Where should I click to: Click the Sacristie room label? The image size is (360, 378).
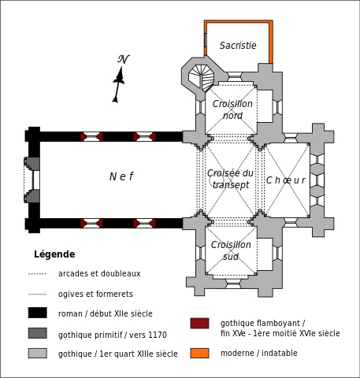point(238,46)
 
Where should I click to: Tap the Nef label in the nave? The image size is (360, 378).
point(121,176)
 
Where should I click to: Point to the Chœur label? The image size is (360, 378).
point(286,180)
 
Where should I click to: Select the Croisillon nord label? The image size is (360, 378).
point(232,109)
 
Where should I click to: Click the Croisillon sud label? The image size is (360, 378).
point(231,250)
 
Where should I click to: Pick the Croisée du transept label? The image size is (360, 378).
point(230,179)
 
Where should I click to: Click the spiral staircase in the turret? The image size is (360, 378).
point(202,78)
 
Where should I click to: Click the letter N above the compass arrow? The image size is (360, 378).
point(123,59)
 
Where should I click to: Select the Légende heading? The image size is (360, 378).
point(54,254)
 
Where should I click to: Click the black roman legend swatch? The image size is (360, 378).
point(38,313)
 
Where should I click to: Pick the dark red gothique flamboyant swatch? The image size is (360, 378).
point(200,323)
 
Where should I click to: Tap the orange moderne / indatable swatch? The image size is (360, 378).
point(200,353)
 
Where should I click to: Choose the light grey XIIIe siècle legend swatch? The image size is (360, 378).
point(38,353)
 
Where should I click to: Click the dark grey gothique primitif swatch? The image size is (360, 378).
point(38,333)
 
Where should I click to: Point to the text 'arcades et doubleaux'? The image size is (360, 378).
point(99,273)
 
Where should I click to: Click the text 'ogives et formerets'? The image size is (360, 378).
point(95,294)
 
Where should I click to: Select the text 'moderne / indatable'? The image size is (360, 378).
point(259,353)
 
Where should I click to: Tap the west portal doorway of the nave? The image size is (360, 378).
point(32,180)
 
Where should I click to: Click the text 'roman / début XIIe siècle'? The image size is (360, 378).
point(106,313)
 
